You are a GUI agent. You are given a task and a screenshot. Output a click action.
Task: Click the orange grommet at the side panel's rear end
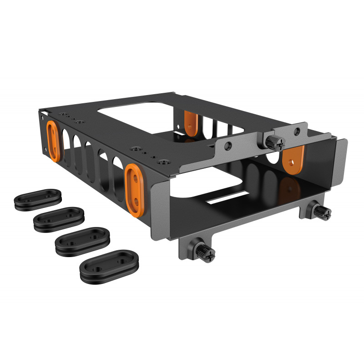pyautogui.click(x=53, y=141)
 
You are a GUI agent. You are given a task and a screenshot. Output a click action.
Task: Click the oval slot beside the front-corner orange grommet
pyautogui.click(x=116, y=176)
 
